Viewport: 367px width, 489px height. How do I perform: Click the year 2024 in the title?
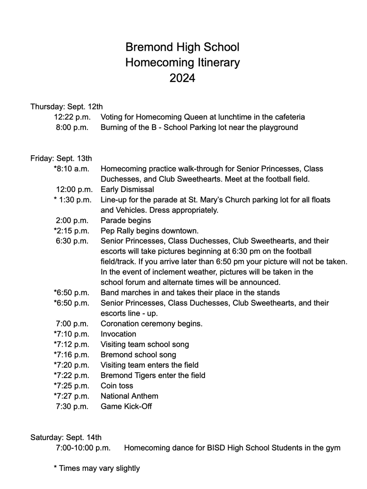pos(182,78)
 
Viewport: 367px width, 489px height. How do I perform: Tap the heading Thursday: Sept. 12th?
pos(67,106)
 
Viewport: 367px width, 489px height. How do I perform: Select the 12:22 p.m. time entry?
pos(72,117)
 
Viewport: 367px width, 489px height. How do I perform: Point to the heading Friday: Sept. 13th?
pos(61,158)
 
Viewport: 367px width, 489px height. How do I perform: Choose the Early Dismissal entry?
pos(127,189)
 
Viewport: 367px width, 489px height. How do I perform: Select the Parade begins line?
pos(126,221)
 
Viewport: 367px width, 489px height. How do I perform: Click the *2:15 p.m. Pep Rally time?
pos(71,230)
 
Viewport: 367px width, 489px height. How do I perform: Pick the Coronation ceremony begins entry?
pos(152,324)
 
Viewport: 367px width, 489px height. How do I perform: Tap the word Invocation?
pos(118,334)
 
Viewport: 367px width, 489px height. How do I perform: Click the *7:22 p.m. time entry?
pos(71,375)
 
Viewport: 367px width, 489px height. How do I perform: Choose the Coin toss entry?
pos(117,386)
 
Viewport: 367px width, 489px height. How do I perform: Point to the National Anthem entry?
pos(129,396)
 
